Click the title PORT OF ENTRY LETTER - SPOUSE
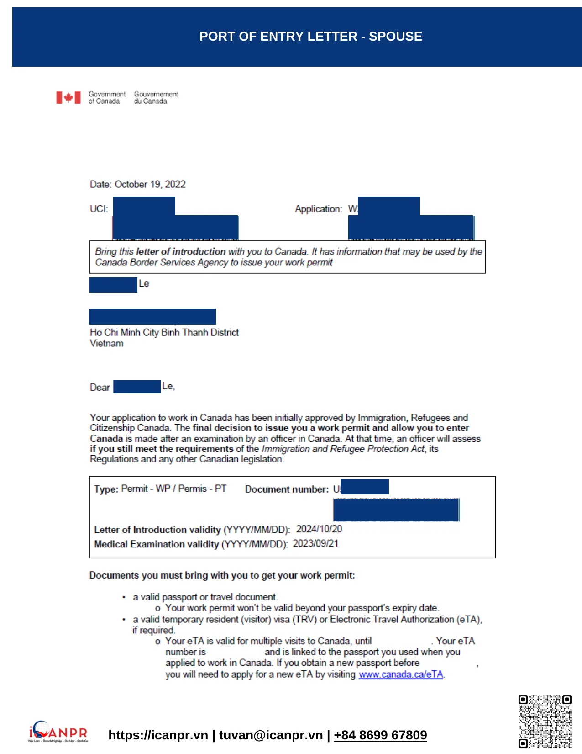310,37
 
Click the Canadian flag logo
68,97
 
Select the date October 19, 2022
150,184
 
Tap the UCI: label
99,209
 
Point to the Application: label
318,209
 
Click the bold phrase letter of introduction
181,251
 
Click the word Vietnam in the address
106,343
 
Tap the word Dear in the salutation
100,387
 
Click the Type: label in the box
106,489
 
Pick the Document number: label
287,489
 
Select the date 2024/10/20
319,529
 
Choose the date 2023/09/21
315,543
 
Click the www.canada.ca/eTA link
401,674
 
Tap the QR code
545,721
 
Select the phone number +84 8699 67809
380,735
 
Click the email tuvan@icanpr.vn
271,735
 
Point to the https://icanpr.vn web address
158,735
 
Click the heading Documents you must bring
222,575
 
